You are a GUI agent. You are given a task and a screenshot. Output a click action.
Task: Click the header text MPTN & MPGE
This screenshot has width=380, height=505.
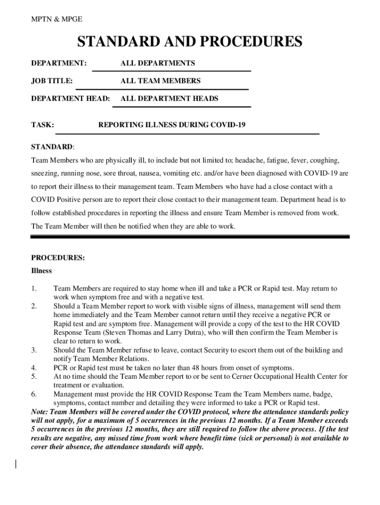pos(56,19)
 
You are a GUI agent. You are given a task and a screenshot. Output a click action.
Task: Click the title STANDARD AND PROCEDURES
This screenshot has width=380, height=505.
pos(190,42)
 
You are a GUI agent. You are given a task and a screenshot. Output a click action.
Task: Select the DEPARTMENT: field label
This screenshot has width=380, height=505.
pos(59,63)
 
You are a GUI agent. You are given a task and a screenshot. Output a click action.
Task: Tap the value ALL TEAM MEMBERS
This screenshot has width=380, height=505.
pos(160,81)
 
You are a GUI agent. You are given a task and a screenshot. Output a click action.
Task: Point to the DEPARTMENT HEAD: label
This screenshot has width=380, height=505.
pos(71,99)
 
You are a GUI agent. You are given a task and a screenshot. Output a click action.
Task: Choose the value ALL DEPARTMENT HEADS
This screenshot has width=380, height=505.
pos(169,99)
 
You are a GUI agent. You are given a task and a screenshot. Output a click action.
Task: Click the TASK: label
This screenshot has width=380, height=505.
pos(42,125)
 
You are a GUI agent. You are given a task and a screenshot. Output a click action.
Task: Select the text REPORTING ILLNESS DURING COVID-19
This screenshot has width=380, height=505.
pos(172,125)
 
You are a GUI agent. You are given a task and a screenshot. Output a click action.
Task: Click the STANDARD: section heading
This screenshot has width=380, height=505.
pos(53,147)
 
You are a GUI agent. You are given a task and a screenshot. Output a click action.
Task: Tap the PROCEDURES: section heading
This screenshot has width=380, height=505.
pos(58,258)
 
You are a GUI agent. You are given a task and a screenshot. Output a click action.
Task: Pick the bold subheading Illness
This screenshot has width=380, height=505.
pos(41,271)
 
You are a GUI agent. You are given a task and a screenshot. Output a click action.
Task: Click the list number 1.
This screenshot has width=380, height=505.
pos(34,289)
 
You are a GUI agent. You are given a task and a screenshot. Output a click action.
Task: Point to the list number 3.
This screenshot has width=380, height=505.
pos(34,351)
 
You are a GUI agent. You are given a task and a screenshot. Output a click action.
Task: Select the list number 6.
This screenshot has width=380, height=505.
pos(34,395)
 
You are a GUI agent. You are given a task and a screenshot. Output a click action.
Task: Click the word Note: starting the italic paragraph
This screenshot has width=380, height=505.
pos(41,412)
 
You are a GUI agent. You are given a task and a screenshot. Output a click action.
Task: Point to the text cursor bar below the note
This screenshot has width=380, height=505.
pos(16,464)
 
